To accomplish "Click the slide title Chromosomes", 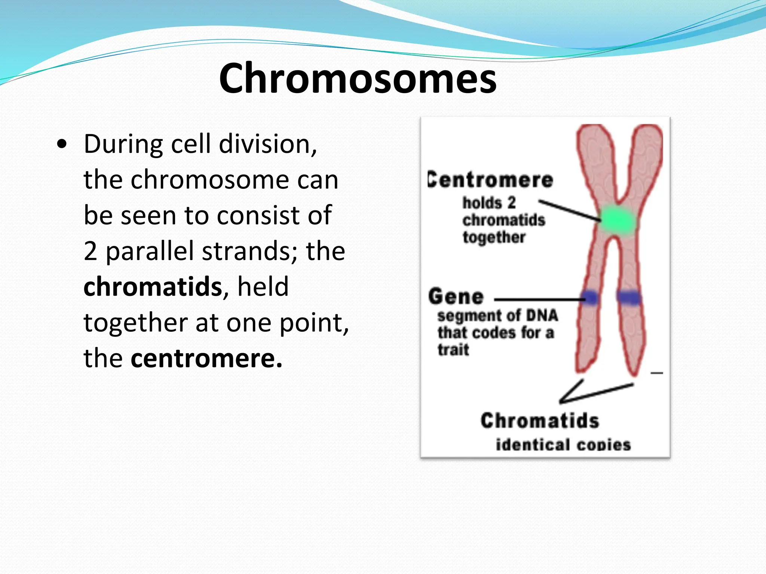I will (358, 78).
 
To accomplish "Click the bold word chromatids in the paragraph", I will (153, 287).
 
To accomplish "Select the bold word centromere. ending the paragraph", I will (206, 358).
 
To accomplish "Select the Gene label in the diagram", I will (456, 297).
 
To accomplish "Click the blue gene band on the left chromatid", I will (590, 298).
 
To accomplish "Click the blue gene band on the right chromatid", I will (629, 297).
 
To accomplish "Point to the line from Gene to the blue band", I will (539, 299).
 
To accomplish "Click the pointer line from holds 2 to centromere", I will (569, 210).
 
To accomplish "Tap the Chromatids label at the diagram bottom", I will (540, 421).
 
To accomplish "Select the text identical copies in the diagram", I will (563, 445).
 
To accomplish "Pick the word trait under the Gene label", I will (453, 350).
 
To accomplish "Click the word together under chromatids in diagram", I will (494, 237).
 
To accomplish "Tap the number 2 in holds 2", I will (511, 203).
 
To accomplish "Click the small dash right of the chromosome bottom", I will (657, 373).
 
